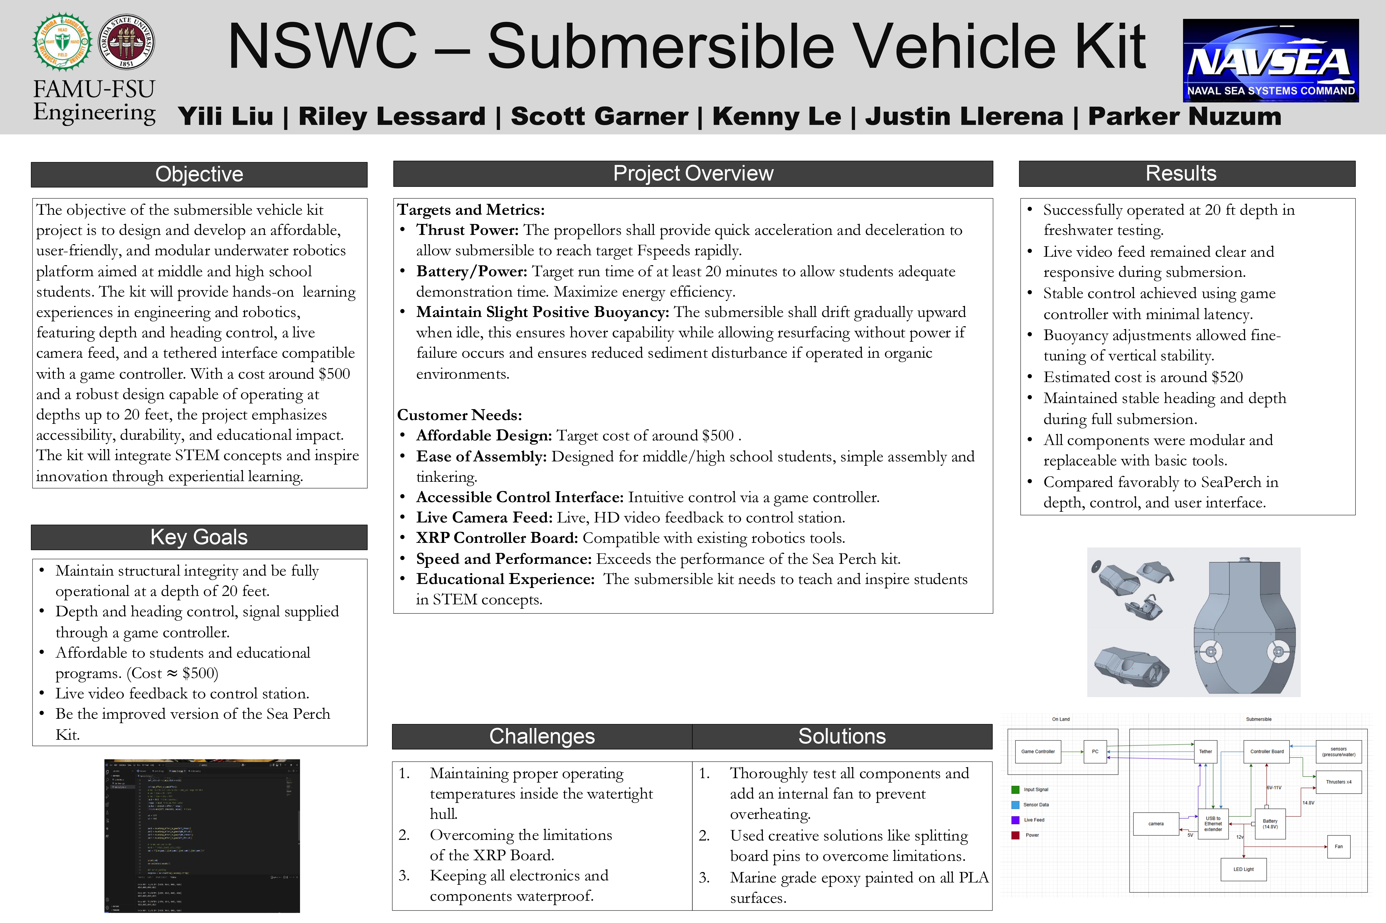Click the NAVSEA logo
click(x=1270, y=61)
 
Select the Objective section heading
click(x=199, y=174)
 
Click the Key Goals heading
click(x=199, y=537)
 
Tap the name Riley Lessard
click(x=392, y=116)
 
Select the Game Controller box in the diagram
click(x=1038, y=752)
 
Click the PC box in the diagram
click(x=1095, y=752)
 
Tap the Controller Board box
click(x=1267, y=752)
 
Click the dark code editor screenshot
click(x=202, y=836)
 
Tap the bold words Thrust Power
click(x=467, y=230)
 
